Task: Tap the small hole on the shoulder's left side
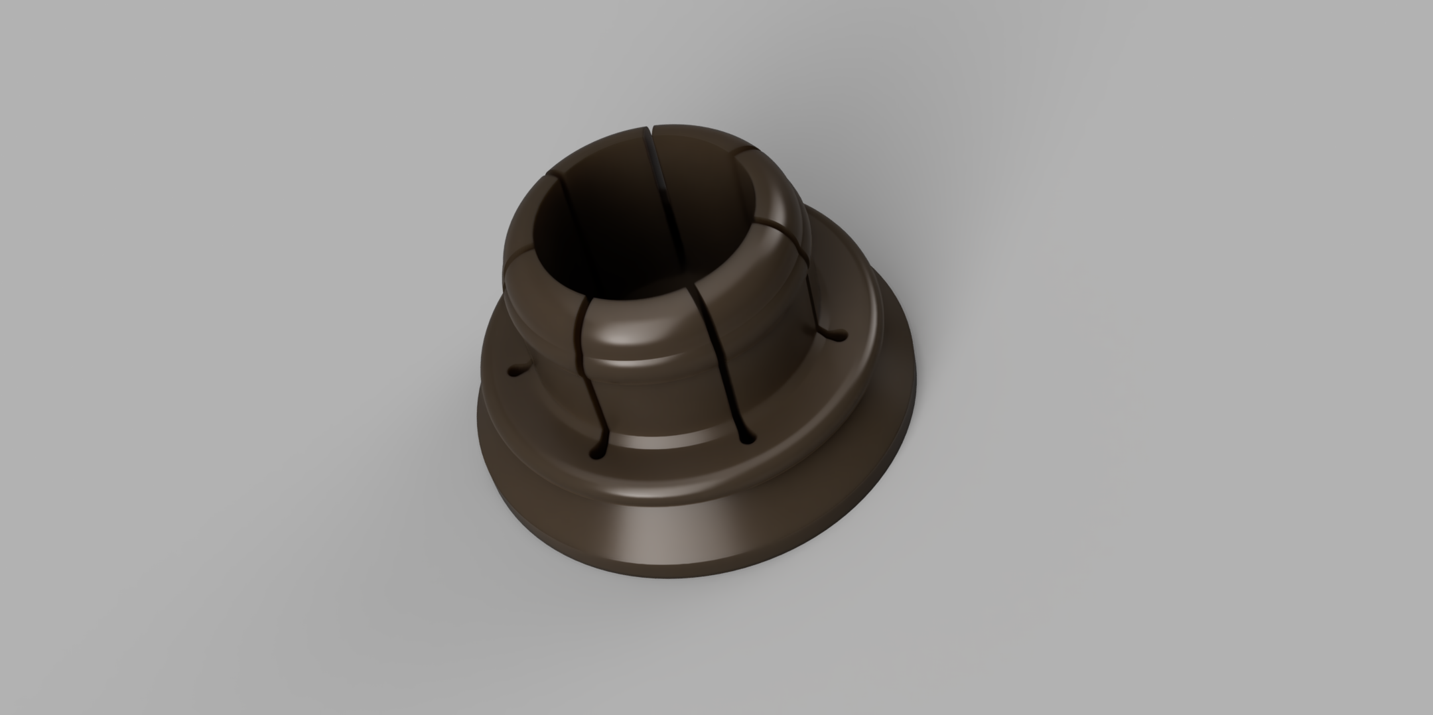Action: click(516, 373)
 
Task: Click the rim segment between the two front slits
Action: click(637, 325)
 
